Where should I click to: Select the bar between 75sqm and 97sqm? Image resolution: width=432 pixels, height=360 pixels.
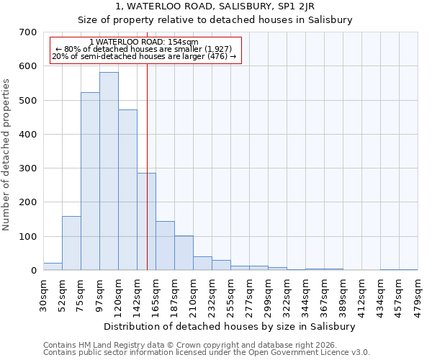click(x=90, y=181)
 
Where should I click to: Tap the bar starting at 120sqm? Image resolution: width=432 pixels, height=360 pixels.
click(x=127, y=190)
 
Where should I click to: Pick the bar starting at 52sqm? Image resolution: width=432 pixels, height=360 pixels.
click(x=71, y=243)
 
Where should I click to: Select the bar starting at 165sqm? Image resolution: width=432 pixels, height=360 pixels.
click(x=165, y=246)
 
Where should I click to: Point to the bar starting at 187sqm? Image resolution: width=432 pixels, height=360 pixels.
click(x=184, y=253)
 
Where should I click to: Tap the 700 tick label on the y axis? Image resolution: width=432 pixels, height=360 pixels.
click(x=28, y=32)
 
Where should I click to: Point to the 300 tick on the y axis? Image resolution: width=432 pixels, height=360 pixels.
click(x=28, y=168)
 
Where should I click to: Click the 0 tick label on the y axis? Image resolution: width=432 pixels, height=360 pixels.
click(x=34, y=271)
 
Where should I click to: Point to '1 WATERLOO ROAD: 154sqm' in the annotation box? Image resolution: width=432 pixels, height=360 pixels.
click(x=145, y=42)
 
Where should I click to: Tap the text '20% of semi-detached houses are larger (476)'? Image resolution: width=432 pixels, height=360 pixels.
click(x=144, y=56)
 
